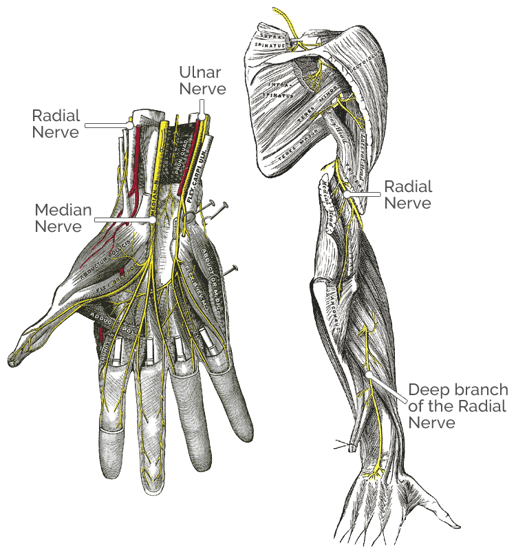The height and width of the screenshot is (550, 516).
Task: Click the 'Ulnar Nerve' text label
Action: [x=202, y=80]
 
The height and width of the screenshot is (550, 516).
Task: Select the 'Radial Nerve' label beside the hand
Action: [x=56, y=124]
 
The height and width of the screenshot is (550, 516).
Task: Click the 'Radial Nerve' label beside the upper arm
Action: [x=407, y=194]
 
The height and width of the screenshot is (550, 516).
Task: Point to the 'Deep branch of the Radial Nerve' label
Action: [x=457, y=405]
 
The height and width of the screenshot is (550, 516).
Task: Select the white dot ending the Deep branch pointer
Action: [x=369, y=375]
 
